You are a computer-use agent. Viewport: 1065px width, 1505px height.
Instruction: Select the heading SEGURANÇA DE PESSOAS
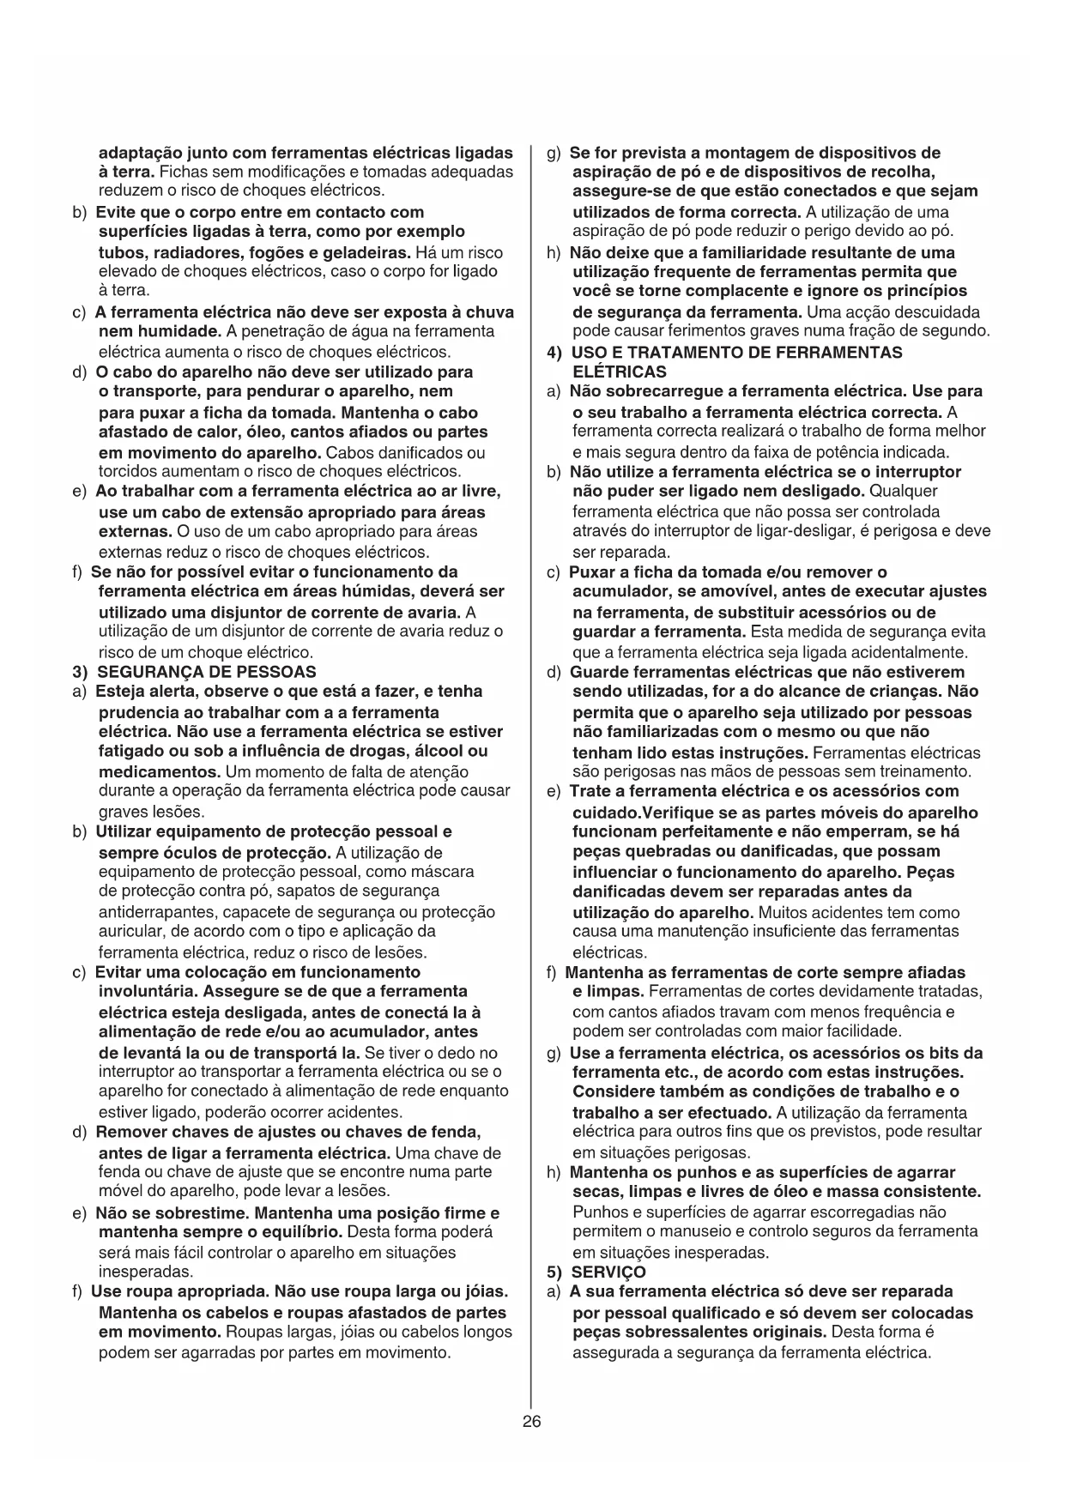pos(206,672)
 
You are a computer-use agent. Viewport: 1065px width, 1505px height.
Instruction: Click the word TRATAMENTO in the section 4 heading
pos(692,352)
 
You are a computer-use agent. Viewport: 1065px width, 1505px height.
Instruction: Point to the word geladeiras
pos(366,252)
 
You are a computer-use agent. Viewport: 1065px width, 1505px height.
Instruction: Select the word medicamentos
pos(160,771)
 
